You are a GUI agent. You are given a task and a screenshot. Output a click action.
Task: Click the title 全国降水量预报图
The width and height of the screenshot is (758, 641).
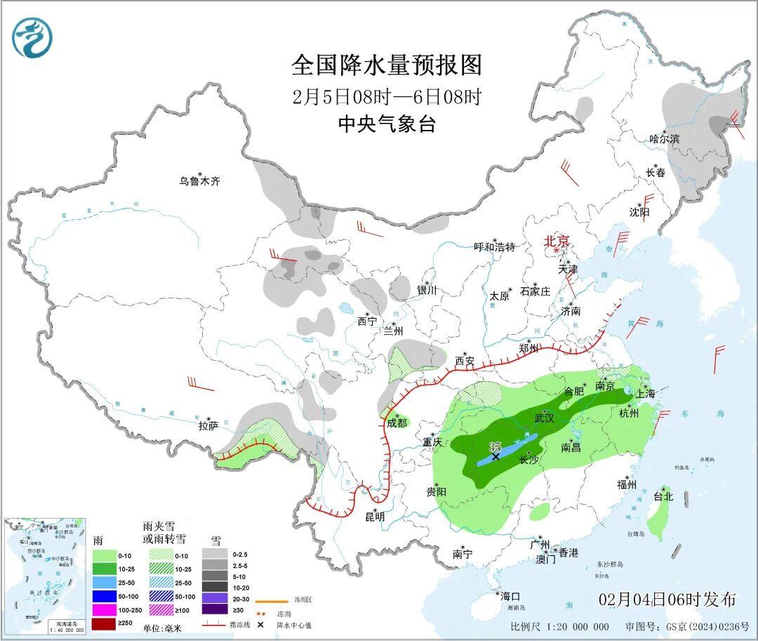tap(387, 65)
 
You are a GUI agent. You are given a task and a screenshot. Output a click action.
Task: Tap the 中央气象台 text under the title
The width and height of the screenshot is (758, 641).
tap(387, 124)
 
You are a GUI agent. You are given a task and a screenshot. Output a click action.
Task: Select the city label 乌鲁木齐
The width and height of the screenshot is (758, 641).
tap(199, 181)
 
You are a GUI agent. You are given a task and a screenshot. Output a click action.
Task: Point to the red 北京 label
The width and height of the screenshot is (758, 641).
tap(557, 241)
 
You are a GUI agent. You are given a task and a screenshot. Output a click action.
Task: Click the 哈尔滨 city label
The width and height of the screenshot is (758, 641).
tap(665, 139)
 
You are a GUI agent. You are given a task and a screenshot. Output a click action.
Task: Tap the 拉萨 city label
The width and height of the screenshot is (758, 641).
tap(208, 425)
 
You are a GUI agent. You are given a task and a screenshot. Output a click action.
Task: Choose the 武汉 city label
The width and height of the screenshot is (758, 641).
tap(545, 418)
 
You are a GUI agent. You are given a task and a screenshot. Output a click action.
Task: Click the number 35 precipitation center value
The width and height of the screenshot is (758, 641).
tap(496, 447)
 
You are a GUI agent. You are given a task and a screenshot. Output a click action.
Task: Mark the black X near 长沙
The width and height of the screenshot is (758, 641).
tap(496, 456)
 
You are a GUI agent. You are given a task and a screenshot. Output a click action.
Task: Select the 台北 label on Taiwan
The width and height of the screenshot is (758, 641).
tap(663, 496)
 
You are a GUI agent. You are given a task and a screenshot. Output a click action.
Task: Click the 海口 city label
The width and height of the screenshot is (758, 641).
tap(511, 596)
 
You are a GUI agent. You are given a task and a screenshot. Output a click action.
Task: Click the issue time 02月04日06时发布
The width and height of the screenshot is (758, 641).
tap(667, 600)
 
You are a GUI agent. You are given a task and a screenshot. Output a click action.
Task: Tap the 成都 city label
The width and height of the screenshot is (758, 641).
tap(397, 423)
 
